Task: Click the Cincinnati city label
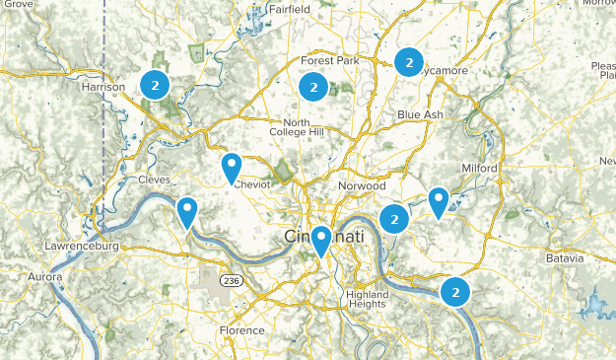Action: tap(324, 238)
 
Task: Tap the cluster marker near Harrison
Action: tap(154, 84)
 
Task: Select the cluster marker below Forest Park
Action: tap(312, 87)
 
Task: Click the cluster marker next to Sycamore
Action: tap(408, 62)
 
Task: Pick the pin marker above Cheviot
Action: tap(232, 167)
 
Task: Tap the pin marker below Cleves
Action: tap(187, 211)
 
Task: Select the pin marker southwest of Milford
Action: tap(439, 201)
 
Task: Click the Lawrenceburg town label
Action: tap(82, 245)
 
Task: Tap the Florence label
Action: tap(241, 330)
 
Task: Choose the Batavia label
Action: tap(565, 257)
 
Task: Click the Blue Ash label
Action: tap(421, 115)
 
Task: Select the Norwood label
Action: tap(361, 185)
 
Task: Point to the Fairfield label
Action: tap(286, 9)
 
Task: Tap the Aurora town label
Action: tap(45, 277)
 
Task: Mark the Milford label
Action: tap(479, 169)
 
